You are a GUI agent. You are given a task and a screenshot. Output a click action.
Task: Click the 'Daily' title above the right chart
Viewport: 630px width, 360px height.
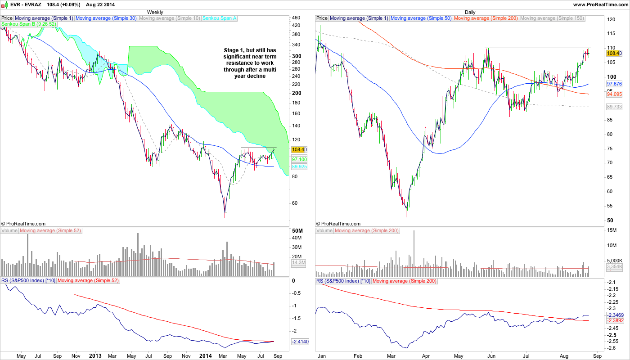(470, 12)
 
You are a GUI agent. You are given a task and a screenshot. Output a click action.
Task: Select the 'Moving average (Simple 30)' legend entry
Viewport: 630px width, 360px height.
(106, 18)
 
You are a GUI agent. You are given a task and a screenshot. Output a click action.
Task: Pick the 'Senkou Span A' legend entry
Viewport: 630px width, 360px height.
(220, 18)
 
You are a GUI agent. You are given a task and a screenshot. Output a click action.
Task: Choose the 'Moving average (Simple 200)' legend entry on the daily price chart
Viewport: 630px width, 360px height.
(486, 18)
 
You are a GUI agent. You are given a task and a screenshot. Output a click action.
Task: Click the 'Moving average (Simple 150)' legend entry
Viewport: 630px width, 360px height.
(552, 18)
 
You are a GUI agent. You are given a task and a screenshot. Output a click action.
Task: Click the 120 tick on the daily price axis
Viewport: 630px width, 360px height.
(611, 20)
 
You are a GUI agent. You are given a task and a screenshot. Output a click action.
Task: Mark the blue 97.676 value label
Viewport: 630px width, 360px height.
(614, 84)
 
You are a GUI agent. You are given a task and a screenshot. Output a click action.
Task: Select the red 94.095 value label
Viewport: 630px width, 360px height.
(614, 94)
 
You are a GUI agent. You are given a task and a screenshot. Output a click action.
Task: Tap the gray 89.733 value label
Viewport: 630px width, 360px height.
(614, 107)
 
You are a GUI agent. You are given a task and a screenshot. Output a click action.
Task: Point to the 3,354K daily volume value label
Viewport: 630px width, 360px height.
(614, 267)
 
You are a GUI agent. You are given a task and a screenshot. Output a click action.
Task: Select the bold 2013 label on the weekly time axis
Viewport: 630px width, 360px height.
(95, 356)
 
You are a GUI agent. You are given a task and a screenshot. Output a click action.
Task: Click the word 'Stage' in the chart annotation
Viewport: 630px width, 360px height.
(233, 50)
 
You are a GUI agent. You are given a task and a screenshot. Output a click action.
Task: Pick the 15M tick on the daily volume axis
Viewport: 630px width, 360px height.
(612, 230)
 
